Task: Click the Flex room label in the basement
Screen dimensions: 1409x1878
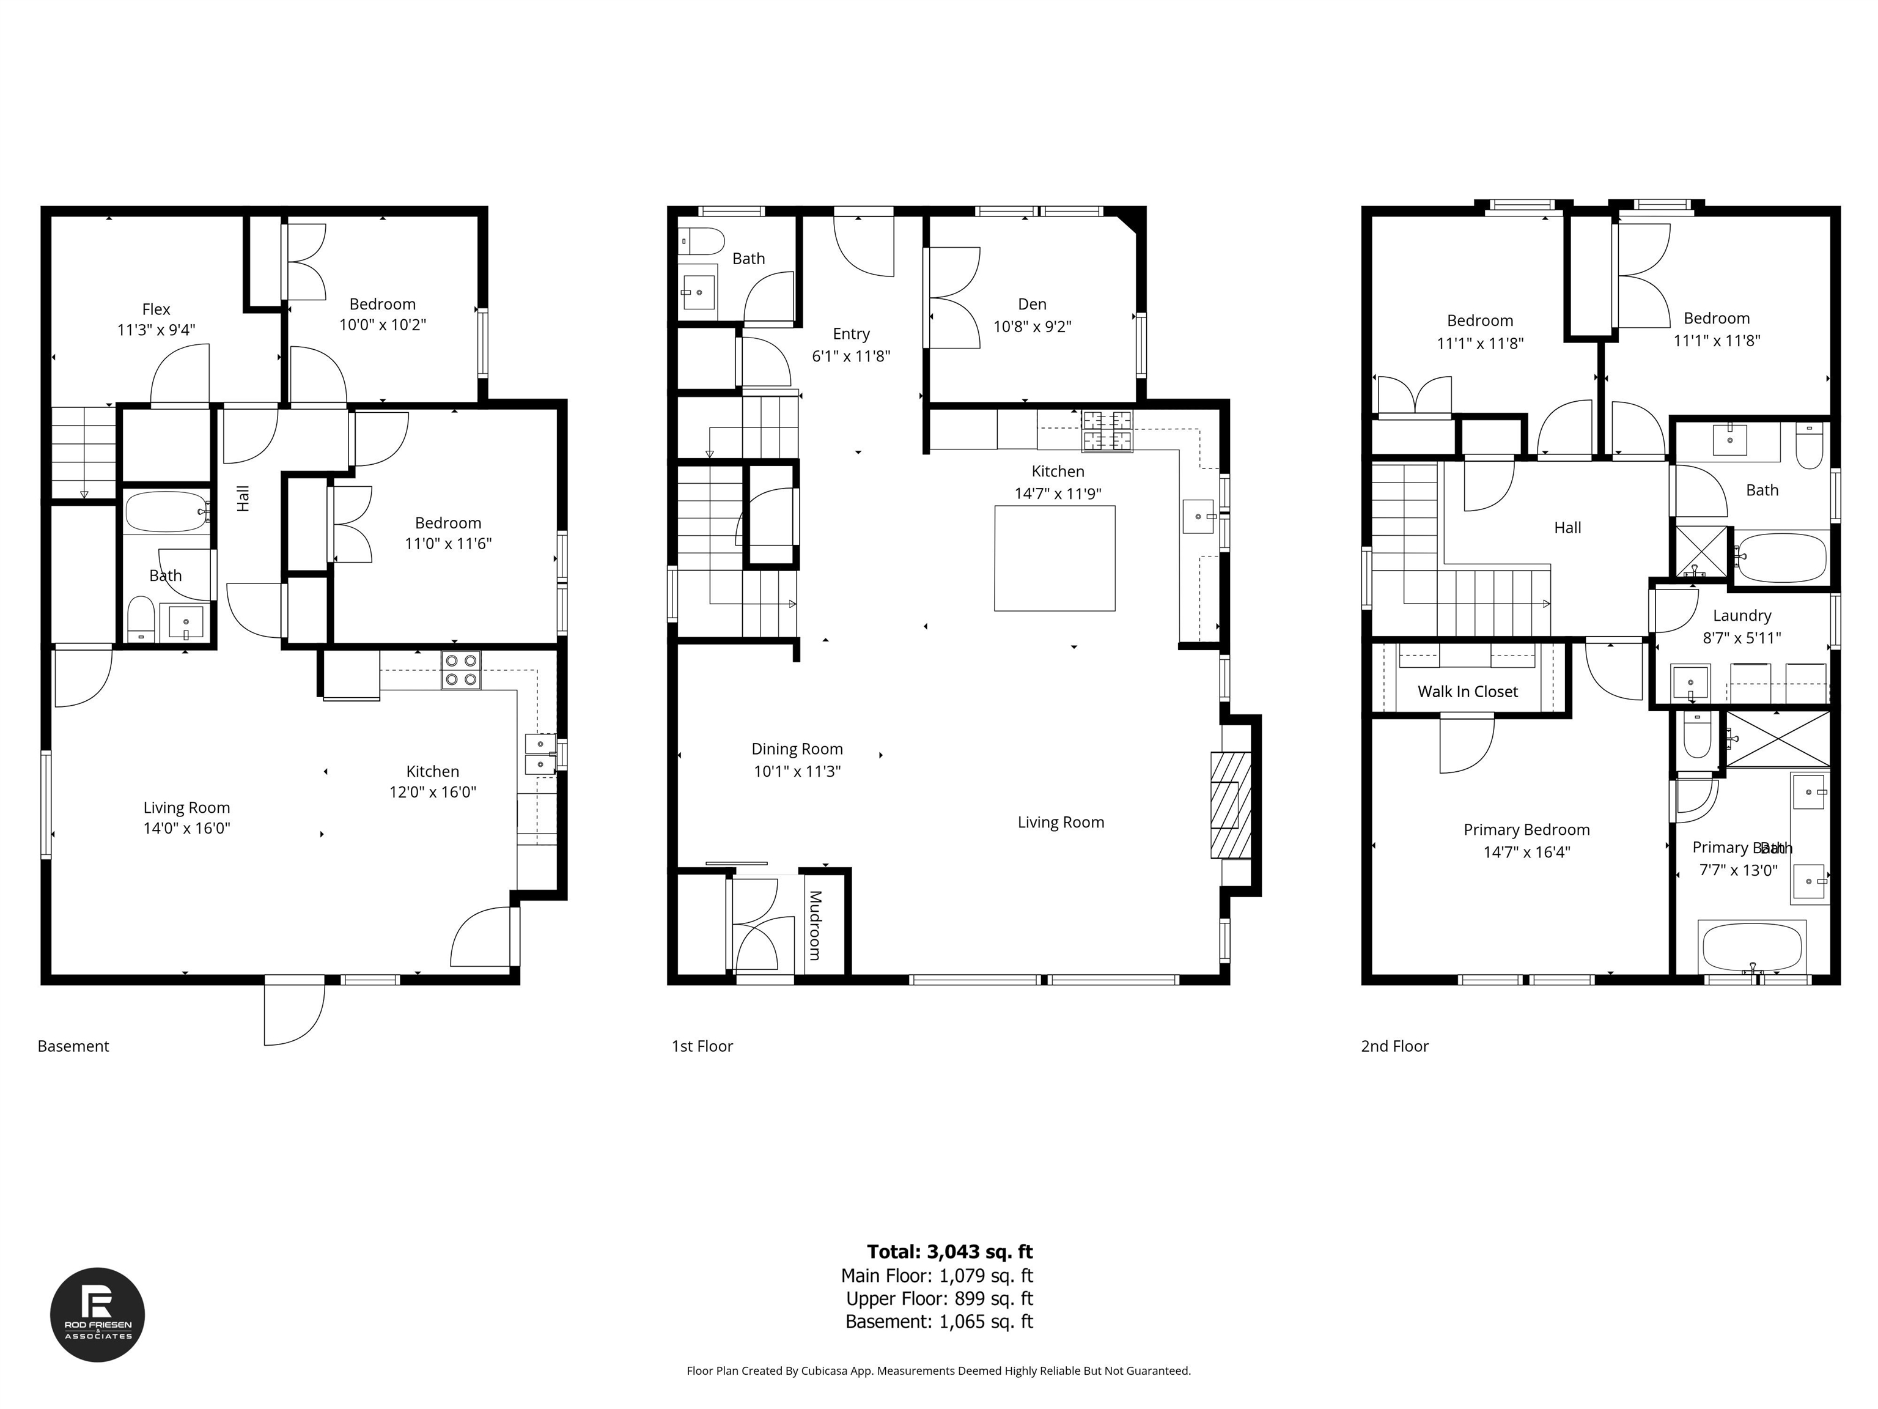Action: click(156, 310)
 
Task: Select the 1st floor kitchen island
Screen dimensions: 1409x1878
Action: click(1055, 558)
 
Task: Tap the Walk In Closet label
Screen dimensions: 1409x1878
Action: click(1467, 691)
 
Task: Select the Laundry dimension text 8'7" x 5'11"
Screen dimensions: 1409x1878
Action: click(1741, 638)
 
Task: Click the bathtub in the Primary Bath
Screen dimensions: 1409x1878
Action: click(1752, 947)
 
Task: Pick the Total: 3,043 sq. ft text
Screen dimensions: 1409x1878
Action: click(949, 1251)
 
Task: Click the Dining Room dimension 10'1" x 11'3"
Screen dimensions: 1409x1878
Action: click(797, 771)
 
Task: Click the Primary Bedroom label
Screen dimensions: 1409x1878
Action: click(1526, 830)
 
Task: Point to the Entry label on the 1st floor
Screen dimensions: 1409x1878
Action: click(851, 334)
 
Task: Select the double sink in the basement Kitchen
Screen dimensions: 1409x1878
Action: click(540, 754)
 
